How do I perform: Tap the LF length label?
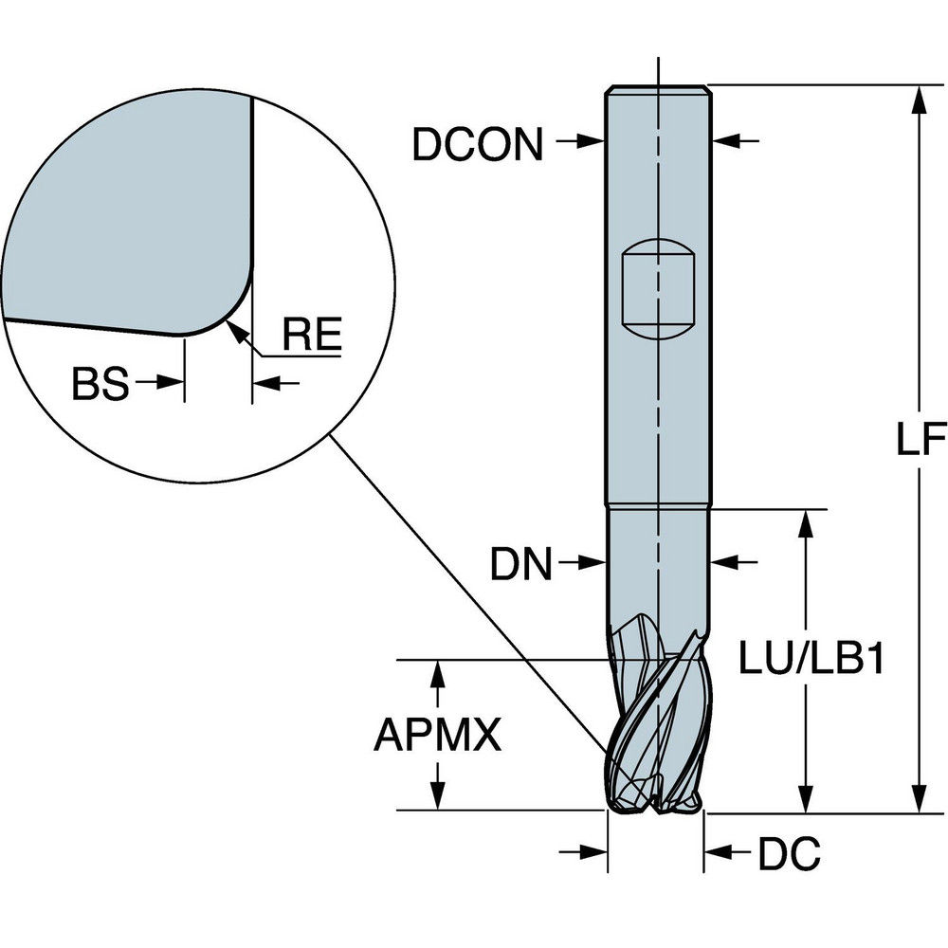[x=921, y=438]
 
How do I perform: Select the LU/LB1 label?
[x=812, y=659]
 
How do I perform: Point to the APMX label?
[x=437, y=735]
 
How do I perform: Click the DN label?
[x=520, y=566]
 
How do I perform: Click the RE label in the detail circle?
[x=312, y=337]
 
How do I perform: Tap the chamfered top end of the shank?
[x=658, y=89]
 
